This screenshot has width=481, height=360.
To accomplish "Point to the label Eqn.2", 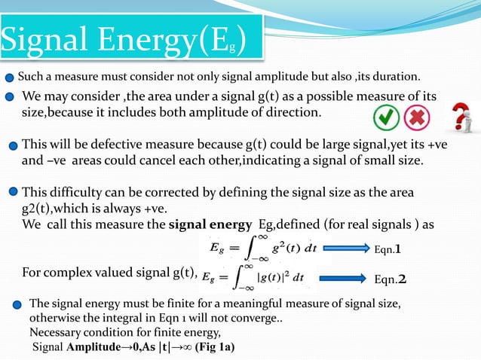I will [x=391, y=279].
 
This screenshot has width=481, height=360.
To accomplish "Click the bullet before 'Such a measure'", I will [x=8, y=77].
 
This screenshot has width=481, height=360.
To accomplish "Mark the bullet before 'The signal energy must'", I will [x=17, y=304].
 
